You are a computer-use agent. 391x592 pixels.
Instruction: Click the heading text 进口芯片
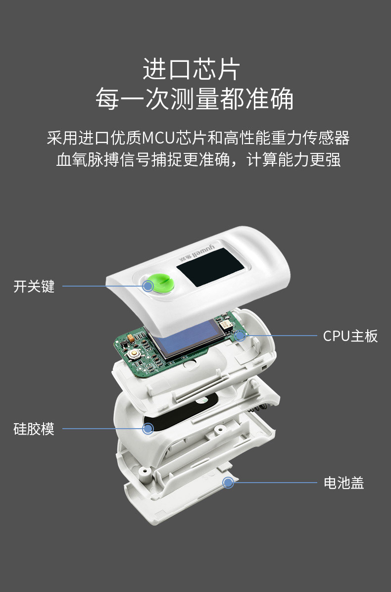191,69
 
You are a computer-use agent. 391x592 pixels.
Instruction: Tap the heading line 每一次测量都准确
195,99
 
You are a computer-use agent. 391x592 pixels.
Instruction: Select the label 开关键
34,286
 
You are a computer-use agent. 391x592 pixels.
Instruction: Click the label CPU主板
350,336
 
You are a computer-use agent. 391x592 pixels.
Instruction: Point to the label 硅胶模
34,429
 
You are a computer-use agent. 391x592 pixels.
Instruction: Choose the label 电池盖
344,483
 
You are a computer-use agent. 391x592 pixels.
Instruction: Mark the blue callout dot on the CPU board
241,336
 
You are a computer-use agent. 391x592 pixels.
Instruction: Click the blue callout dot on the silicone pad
147,429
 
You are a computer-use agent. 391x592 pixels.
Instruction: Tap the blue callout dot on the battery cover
228,483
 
